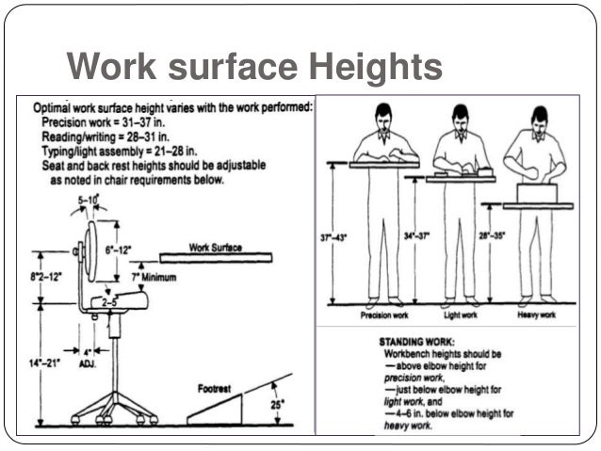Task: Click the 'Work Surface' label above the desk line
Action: coord(216,248)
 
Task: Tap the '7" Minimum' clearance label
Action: coord(154,278)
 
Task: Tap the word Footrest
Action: coord(216,387)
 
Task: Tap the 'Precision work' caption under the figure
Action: coord(382,315)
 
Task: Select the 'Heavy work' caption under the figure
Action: coord(535,315)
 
